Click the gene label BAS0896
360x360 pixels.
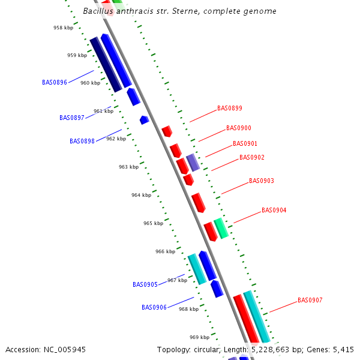(55, 82)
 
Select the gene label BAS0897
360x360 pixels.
(72, 118)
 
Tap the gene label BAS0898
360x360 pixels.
(82, 141)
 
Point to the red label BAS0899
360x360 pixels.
(230, 109)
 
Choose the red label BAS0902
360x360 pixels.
(252, 157)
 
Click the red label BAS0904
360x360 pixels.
(274, 211)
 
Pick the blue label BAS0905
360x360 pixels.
(145, 284)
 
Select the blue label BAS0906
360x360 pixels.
(154, 307)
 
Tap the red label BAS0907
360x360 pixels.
(310, 300)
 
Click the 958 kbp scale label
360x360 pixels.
(62, 28)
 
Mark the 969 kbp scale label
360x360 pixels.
(199, 337)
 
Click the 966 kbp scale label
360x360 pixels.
(165, 251)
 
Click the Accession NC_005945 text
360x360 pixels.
(46, 349)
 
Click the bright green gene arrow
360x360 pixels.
(221, 228)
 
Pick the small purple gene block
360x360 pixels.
(193, 162)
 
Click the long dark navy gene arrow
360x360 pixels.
(106, 65)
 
